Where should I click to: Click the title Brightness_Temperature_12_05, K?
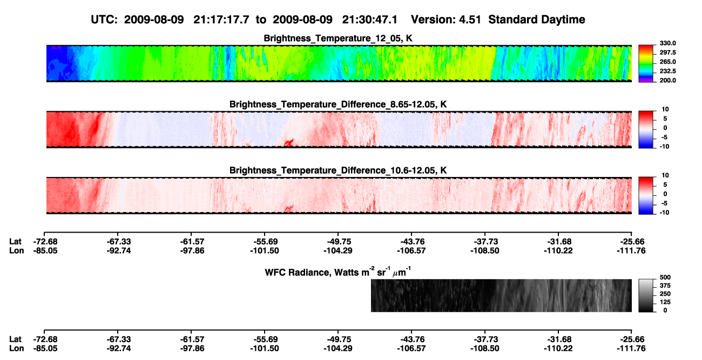[338, 38]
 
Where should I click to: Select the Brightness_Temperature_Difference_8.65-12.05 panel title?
[338, 104]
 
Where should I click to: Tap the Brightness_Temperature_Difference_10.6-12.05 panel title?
[338, 171]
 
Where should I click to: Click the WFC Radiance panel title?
[338, 272]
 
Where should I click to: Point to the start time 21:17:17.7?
[221, 20]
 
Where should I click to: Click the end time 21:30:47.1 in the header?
[370, 20]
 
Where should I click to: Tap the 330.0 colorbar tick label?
[667, 43]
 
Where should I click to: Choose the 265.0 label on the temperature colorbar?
[667, 62]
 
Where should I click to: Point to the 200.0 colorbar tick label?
[667, 80]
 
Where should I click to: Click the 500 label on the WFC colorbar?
[665, 277]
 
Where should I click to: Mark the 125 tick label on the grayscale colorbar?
[665, 302]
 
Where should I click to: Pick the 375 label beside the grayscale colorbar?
[665, 286]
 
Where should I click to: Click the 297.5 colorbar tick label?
[667, 52]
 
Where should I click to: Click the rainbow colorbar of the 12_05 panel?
[646, 64]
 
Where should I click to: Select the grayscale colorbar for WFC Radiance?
[646, 295]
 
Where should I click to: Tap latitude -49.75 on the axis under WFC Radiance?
[338, 339]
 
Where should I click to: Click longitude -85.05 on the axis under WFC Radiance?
[45, 349]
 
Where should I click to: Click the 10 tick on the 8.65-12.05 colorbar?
[665, 110]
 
